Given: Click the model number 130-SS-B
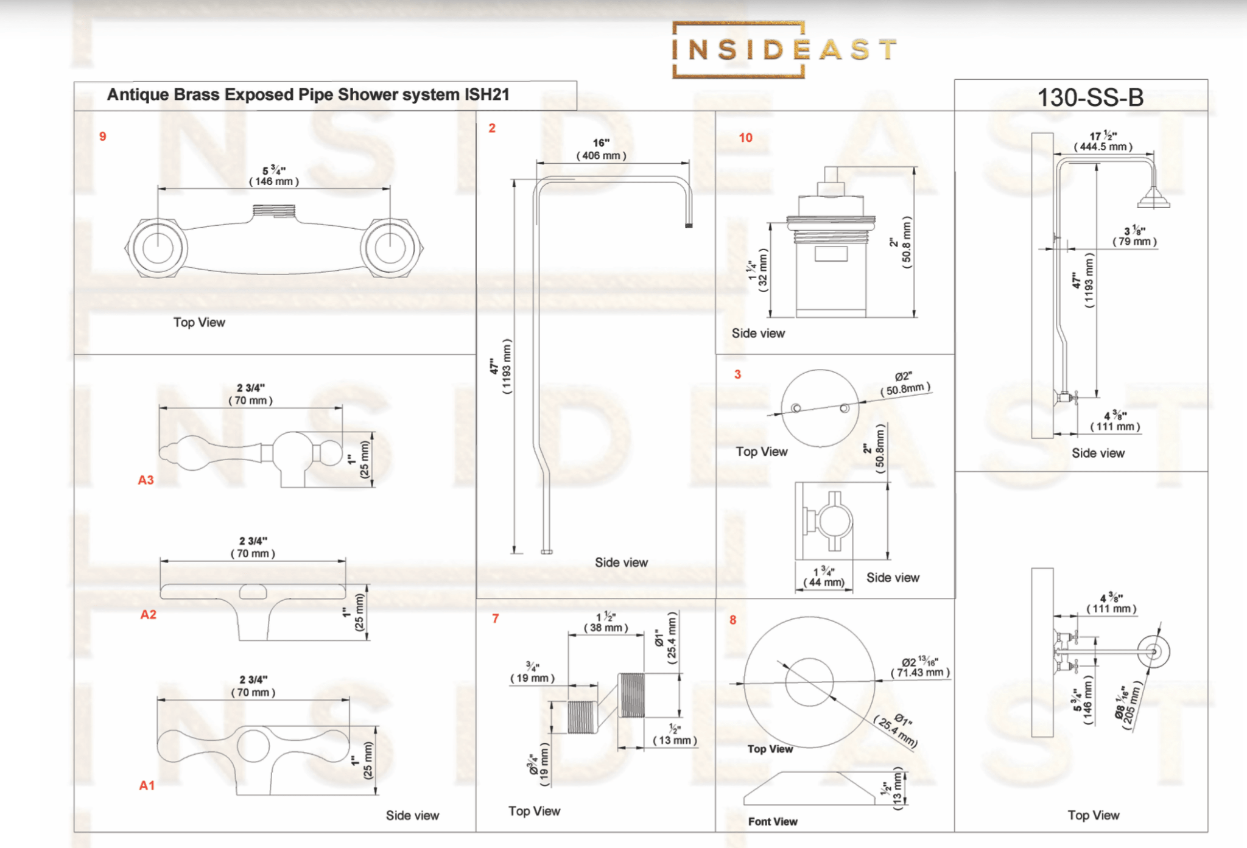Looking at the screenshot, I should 1090,97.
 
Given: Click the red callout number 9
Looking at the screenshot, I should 103,136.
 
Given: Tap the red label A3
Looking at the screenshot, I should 146,480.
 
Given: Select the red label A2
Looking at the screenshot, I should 148,614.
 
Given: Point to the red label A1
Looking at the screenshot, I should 147,785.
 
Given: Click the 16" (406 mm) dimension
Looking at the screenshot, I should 601,149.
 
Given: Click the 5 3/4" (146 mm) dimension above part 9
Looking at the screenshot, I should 274,176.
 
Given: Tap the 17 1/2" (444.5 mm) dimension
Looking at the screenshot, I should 1103,141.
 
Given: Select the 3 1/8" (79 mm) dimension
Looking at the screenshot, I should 1134,236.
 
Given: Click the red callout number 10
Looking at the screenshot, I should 745,138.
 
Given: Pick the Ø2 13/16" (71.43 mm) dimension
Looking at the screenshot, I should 920,667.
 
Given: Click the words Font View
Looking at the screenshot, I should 773,821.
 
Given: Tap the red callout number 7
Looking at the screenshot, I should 496,618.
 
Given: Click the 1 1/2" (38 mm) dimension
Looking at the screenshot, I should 606,622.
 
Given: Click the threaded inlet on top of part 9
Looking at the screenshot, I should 274,211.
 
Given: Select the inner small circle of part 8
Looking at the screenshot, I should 809,682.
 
